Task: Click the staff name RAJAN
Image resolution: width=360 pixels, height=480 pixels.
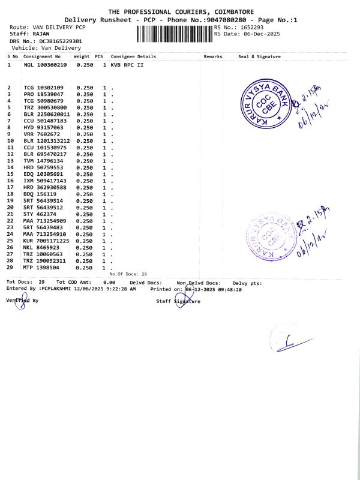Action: coord(41,34)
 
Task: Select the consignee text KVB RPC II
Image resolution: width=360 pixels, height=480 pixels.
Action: coord(127,64)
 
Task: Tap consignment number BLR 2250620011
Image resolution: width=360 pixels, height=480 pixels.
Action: coord(47,114)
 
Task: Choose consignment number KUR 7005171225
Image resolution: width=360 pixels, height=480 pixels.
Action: coord(47,241)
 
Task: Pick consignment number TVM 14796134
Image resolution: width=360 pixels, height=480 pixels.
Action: coord(43,161)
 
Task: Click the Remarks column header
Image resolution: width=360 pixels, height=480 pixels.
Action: coord(213,56)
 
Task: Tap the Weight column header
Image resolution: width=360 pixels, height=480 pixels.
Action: coord(82,56)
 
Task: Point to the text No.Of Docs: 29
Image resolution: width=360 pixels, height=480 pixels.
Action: coord(128,274)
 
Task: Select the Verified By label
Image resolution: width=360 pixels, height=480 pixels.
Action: coord(22,299)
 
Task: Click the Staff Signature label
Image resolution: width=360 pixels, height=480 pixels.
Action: coord(178,301)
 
